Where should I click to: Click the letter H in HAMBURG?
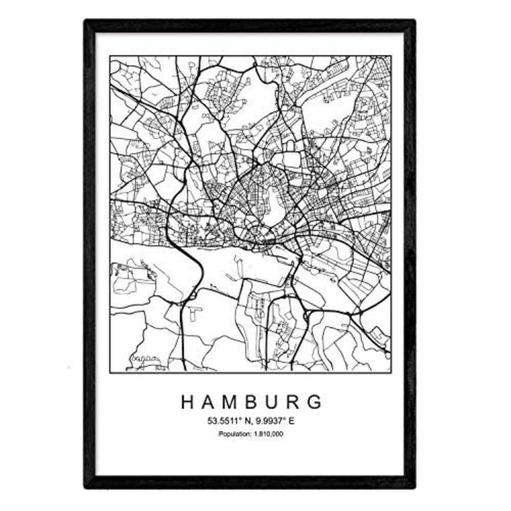pyautogui.click(x=188, y=402)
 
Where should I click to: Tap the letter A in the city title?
pyautogui.click(x=209, y=402)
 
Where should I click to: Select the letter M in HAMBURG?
pyautogui.click(x=231, y=402)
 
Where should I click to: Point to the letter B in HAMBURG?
pyautogui.click(x=253, y=402)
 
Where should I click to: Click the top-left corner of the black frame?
pyautogui.click(x=86, y=21)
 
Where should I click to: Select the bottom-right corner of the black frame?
pyautogui.click(x=414, y=487)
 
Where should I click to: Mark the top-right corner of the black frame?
pyautogui.click(x=414, y=21)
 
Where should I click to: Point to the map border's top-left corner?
pyautogui.click(x=110, y=56)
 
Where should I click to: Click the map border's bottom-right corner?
pyautogui.click(x=391, y=372)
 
